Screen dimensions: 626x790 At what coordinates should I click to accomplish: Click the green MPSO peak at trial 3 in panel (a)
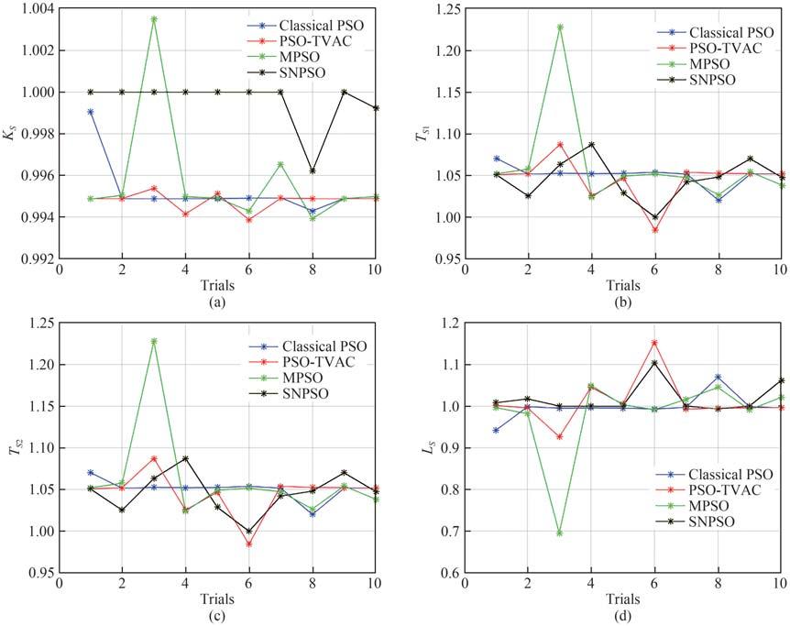pyautogui.click(x=154, y=18)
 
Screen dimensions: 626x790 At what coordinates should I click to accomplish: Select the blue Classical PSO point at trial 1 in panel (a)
pyautogui.click(x=91, y=112)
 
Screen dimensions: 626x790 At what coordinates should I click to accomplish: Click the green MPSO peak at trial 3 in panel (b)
pyautogui.click(x=560, y=27)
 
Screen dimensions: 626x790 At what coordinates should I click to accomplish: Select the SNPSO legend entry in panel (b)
pyautogui.click(x=709, y=80)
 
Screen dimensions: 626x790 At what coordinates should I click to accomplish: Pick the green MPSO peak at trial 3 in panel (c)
pyautogui.click(x=154, y=341)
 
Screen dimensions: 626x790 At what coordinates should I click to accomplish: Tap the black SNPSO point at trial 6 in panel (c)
pyautogui.click(x=249, y=531)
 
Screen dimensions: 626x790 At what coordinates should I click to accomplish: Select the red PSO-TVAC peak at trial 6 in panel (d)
pyautogui.click(x=655, y=343)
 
